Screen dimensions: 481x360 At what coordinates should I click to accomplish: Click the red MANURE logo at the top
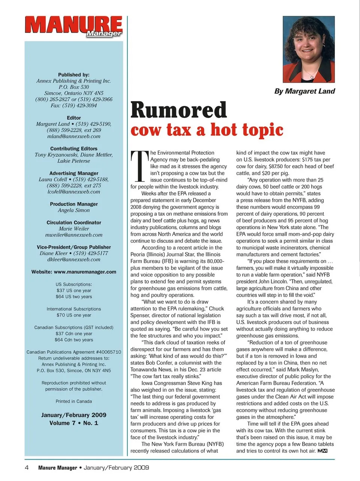tap(73, 26)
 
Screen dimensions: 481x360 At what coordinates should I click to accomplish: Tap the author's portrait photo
tap(308, 50)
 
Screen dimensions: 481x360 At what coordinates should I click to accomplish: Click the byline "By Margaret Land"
tap(304, 91)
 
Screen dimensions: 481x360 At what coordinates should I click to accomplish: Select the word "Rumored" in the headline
tap(178, 110)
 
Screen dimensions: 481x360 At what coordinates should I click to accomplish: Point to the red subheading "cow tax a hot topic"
tap(207, 130)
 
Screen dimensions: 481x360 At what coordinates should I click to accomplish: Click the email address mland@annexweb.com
tap(74, 136)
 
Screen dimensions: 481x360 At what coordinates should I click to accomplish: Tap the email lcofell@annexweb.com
tap(74, 192)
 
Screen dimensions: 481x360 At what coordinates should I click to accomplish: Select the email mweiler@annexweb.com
tap(74, 235)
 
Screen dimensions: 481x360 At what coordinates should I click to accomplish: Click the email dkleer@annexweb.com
tap(74, 259)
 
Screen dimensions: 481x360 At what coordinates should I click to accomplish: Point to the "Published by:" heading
tap(74, 75)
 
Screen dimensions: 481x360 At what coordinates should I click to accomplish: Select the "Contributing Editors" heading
tap(74, 149)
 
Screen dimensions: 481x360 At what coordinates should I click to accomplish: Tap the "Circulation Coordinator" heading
tap(74, 222)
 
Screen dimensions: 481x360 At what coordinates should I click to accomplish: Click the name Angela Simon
tap(74, 210)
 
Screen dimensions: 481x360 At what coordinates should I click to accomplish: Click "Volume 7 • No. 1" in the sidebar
tap(74, 423)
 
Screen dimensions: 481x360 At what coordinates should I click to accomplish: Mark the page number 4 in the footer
tap(27, 467)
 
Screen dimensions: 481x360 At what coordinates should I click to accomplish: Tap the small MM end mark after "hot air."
tap(322, 451)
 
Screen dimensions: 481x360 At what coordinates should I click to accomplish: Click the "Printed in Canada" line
tap(74, 401)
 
